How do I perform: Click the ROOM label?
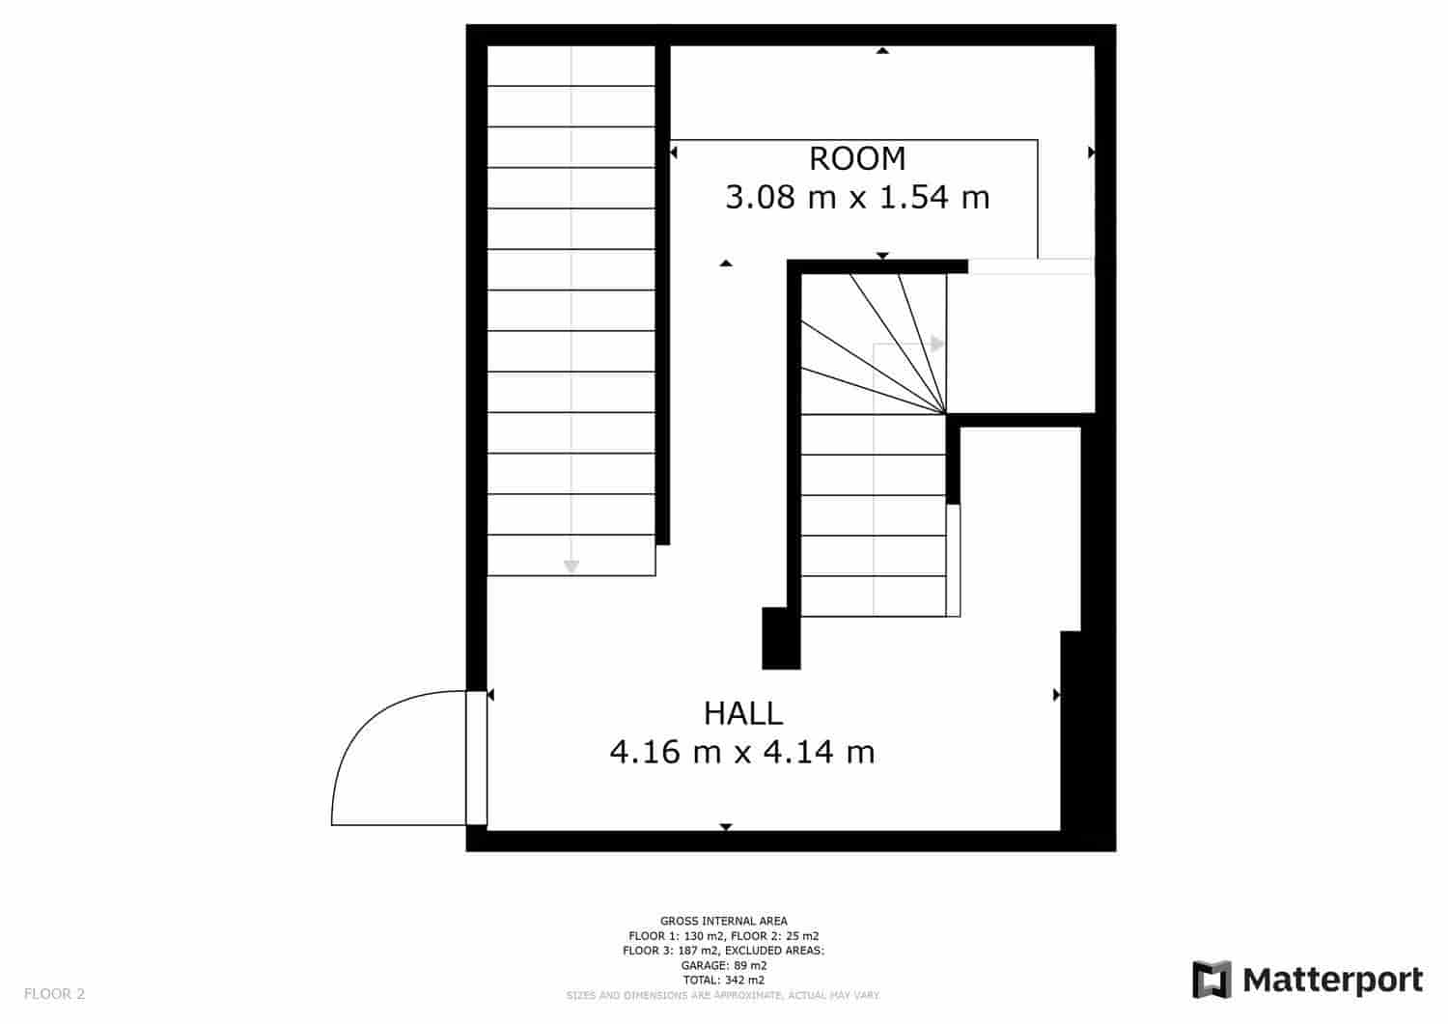[857, 158]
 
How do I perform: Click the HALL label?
[742, 713]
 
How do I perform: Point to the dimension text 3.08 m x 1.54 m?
[857, 198]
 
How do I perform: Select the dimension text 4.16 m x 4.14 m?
[742, 751]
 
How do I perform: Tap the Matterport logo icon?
[1212, 980]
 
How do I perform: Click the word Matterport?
[1333, 980]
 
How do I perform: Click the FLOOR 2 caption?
[54, 993]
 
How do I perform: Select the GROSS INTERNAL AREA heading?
[724, 921]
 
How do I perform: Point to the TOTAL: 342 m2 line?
[724, 980]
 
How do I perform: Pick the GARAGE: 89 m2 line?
[724, 965]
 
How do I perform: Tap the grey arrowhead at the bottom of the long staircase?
[571, 567]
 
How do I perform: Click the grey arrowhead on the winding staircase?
[937, 344]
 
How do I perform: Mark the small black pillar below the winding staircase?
[781, 638]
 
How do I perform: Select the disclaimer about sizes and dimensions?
[723, 995]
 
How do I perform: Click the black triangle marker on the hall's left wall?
[490, 695]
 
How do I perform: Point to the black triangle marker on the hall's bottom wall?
[726, 827]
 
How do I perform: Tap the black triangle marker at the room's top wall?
[882, 50]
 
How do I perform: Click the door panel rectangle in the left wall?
[476, 758]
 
